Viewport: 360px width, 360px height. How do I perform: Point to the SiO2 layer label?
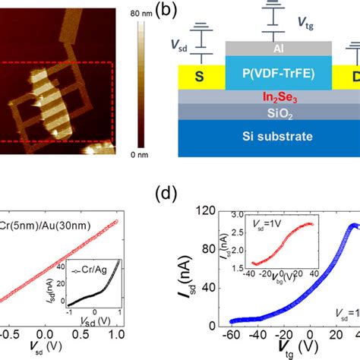tap(279, 112)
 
